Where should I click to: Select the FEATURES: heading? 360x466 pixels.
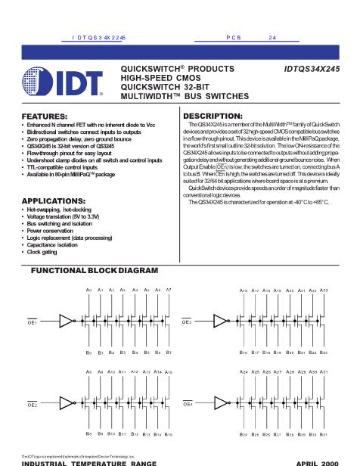click(43, 115)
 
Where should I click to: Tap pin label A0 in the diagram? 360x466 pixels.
click(89, 290)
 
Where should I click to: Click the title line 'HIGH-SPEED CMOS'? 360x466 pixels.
click(158, 77)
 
